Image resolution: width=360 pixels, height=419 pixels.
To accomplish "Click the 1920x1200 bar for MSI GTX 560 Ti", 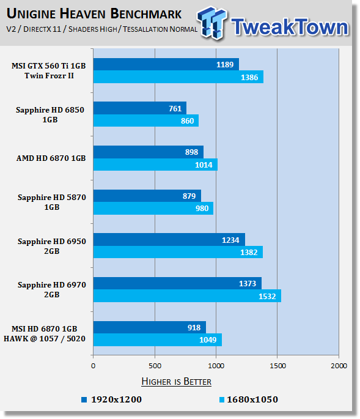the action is (x=166, y=64).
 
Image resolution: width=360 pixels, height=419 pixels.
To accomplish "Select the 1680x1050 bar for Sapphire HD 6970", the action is (x=187, y=296).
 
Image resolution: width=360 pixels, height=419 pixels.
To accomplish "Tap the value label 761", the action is (x=175, y=108).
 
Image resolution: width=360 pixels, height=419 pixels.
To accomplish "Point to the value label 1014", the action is (x=204, y=165).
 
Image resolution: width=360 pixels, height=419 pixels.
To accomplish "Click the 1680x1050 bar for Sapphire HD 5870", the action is (x=153, y=208).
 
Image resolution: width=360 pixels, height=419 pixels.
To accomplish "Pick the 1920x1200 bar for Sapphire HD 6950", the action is (x=169, y=239).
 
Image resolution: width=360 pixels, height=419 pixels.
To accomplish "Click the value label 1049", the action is (x=208, y=340).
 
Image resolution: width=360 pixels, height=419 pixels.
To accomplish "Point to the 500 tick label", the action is (x=155, y=366).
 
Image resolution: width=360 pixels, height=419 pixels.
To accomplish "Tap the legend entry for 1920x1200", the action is (x=112, y=399).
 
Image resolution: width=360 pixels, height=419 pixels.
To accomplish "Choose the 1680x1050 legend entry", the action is (x=249, y=399).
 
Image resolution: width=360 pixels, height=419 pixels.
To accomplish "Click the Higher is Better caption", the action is (x=176, y=381).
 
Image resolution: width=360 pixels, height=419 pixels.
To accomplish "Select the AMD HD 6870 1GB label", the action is (x=51, y=158).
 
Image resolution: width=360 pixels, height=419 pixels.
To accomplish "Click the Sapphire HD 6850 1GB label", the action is (x=50, y=114).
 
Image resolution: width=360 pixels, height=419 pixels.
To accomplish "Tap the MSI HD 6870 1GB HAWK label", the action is (x=45, y=334).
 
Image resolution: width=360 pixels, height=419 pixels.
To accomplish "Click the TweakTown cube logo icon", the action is (x=212, y=23).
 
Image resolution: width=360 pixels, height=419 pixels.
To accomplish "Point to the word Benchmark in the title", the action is (x=146, y=13).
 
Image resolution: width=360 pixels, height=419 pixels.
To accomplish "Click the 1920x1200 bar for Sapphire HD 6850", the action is (x=140, y=108).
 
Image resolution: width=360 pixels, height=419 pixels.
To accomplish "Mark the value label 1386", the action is (x=249, y=78).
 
